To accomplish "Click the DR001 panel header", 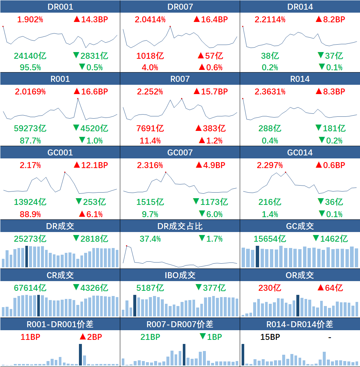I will click(x=60, y=7).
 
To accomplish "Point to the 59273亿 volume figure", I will click(x=30, y=129).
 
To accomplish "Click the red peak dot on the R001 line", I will click(x=78, y=99).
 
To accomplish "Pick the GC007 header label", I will click(x=180, y=152).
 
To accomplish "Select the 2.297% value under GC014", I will click(x=270, y=165).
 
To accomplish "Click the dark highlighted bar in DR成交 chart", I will click(x=26, y=257).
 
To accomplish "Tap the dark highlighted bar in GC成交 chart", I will click(x=257, y=257).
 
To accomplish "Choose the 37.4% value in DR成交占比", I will click(x=150, y=239).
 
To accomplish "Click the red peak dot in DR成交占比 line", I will click(x=127, y=246).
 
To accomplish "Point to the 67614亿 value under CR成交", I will click(x=30, y=288).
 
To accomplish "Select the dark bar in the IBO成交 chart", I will click(x=135, y=306).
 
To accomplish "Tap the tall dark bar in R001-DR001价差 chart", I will click(x=80, y=355).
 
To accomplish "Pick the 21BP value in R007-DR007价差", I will click(x=150, y=337).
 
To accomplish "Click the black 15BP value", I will click(x=270, y=337).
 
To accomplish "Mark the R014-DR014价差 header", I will click(x=300, y=324).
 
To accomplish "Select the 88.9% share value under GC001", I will click(x=28, y=214).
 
